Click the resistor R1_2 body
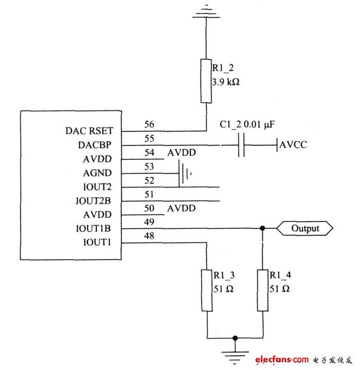(206, 81)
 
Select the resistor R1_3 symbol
(206, 290)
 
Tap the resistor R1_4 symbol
(263, 290)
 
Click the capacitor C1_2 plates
(242, 145)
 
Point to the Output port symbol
(305, 228)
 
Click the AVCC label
(293, 145)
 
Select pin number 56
(149, 125)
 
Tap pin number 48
(149, 236)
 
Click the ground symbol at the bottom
(235, 354)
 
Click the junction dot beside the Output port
(263, 228)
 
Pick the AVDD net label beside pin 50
(181, 208)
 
